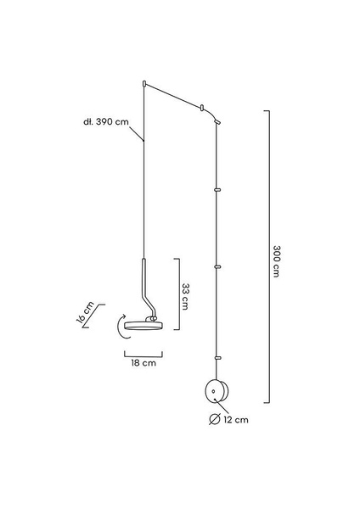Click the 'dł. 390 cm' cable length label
coord(106,122)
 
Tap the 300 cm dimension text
coord(277,261)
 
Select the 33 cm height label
coord(185,296)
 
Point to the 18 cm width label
coord(143,362)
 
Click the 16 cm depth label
coord(85,312)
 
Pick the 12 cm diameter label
coord(236,420)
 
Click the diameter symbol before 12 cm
coord(215,419)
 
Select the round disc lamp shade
coord(143,326)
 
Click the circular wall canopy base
coord(217,391)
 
